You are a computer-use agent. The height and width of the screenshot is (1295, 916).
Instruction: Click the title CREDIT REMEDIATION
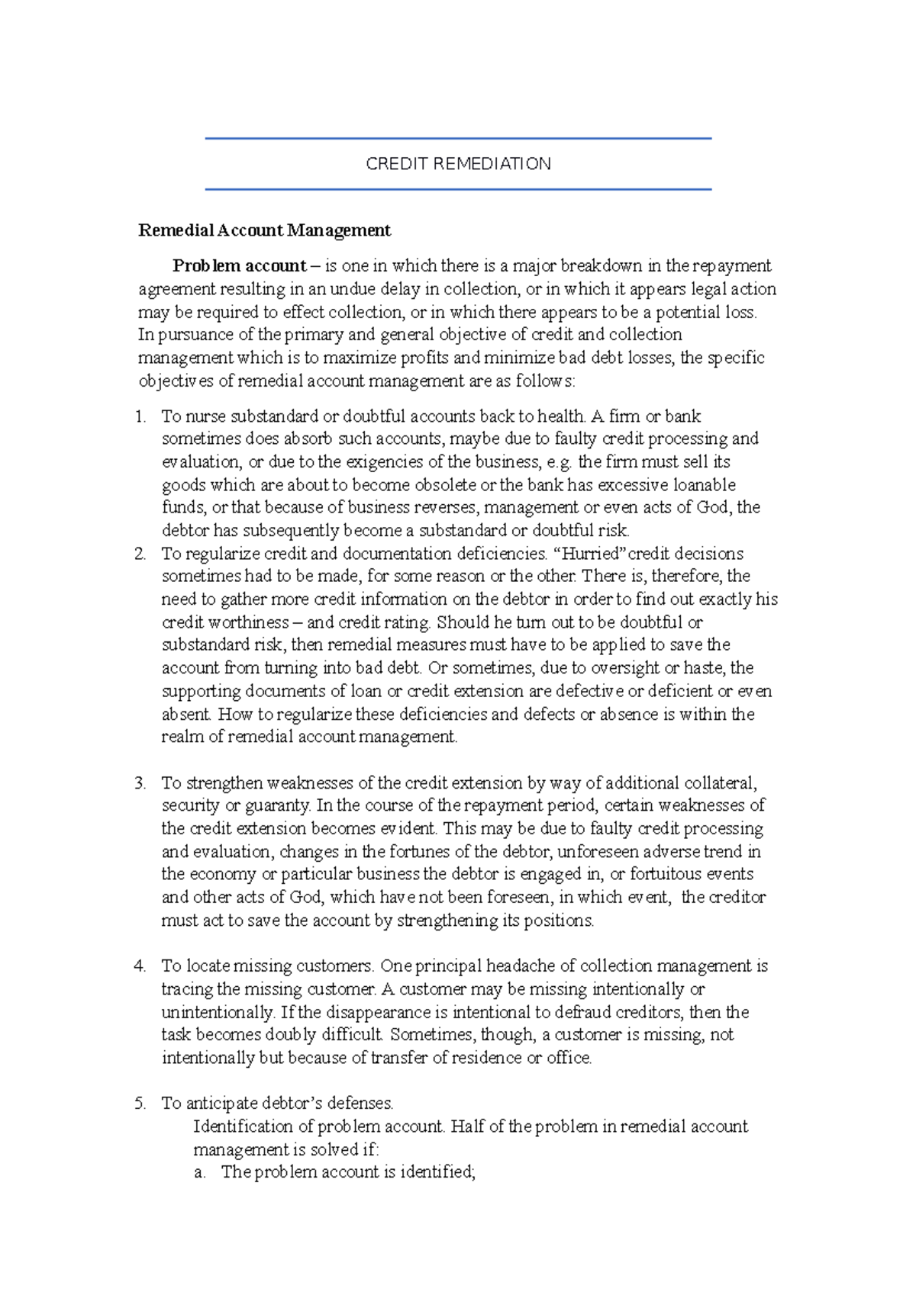tap(458, 164)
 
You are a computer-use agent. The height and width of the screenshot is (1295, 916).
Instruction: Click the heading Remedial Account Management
tap(264, 230)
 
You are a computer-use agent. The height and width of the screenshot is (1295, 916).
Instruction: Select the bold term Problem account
tap(239, 266)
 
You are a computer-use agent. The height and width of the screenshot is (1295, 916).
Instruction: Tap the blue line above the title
tap(458, 139)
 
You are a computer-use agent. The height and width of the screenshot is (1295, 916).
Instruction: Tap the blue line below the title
tap(458, 189)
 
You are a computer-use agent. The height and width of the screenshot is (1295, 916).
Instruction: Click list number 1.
tap(140, 416)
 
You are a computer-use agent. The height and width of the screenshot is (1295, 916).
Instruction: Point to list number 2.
tap(140, 554)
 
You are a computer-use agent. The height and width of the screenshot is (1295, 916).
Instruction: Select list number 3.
tap(140, 783)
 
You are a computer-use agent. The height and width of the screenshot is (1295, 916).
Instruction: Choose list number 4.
tap(140, 966)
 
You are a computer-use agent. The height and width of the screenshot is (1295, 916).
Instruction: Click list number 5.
tap(140, 1104)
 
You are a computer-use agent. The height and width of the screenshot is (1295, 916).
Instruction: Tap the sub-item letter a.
tap(200, 1173)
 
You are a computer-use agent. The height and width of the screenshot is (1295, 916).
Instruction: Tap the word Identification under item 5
tap(243, 1126)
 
